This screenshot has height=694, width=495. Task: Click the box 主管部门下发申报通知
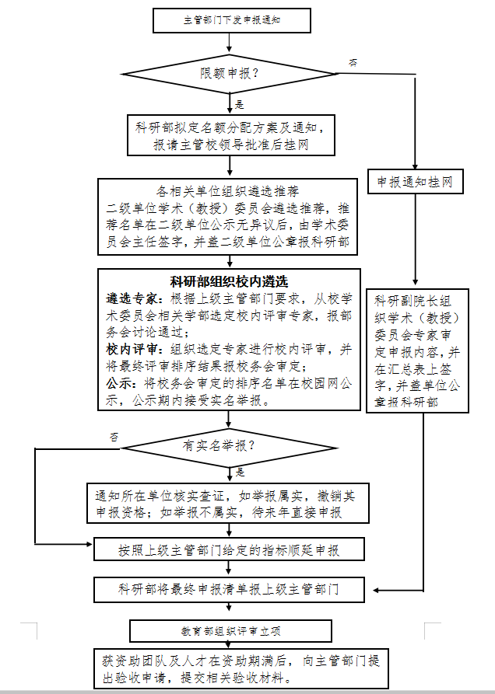(x=231, y=21)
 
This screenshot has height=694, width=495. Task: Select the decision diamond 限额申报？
(x=230, y=75)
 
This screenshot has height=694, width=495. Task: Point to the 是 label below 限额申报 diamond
(x=240, y=104)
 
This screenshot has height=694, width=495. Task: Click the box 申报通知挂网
(x=415, y=182)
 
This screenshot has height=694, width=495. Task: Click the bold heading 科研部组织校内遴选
(x=230, y=281)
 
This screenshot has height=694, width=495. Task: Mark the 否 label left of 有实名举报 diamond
(x=114, y=438)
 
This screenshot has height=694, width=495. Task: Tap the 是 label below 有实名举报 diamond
(x=240, y=472)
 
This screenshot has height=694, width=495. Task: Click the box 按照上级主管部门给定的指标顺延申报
(x=230, y=550)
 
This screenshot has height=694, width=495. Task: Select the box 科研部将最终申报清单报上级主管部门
(x=230, y=589)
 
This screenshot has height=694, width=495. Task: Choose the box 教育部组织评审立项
(x=230, y=630)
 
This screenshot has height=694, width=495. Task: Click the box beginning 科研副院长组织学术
(x=417, y=350)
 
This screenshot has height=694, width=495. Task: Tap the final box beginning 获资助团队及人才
(x=240, y=668)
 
